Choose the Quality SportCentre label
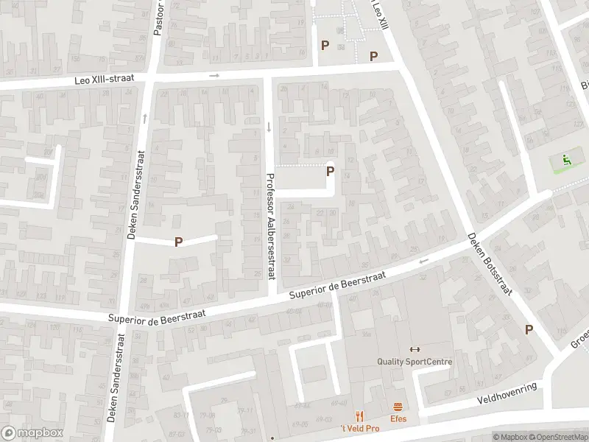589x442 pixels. (x=415, y=362)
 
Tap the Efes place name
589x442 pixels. (x=398, y=419)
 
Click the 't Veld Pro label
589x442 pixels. (x=359, y=429)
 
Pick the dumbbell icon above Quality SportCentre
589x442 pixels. (x=415, y=349)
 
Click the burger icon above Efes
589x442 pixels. (x=398, y=407)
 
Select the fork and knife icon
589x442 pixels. (x=359, y=416)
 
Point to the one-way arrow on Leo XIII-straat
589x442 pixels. (x=214, y=75)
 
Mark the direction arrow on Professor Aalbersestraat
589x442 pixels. (x=269, y=127)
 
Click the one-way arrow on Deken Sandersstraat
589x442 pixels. (x=145, y=118)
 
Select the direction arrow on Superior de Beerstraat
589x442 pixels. (x=423, y=261)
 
